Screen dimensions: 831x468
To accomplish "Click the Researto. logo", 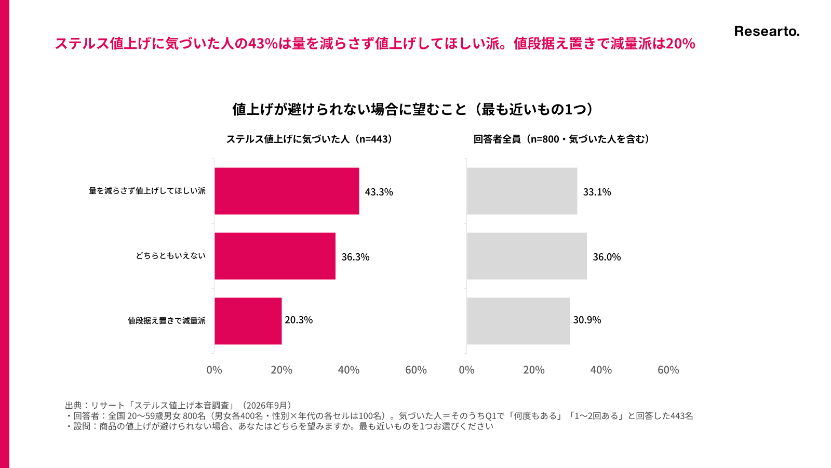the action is coord(767,32).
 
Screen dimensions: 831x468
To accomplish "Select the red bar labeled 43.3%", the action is coord(287,191).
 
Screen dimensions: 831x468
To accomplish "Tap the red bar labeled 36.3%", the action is coord(275,256).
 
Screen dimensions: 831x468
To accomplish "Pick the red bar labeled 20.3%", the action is coord(248,321).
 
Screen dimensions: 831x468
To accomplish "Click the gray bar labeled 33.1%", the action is coord(522,191).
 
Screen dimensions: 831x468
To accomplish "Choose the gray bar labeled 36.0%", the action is coord(527,256).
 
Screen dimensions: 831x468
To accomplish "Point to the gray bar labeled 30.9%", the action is coord(518,321).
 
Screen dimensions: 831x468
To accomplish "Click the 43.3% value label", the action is coord(379,192).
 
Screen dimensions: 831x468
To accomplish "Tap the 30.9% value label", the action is coord(587,320).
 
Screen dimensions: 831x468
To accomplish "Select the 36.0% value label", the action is coord(607,257).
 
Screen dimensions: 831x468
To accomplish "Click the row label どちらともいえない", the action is coord(170,255).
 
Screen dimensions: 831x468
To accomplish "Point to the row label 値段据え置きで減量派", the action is coord(167,320).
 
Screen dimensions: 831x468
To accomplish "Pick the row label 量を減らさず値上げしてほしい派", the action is coord(147,190).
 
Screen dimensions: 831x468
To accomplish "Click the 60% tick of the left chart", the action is coord(416,370).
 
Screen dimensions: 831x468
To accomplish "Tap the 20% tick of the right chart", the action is coord(534,370).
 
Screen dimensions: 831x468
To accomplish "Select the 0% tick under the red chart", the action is coord(214,370).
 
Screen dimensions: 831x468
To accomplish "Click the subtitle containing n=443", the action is coord(310,139).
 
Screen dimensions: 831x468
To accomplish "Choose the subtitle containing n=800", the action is coord(561,139).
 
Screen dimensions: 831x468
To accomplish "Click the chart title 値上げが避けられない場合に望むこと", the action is coord(349,109).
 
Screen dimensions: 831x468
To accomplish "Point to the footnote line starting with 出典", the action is coord(179,405).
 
